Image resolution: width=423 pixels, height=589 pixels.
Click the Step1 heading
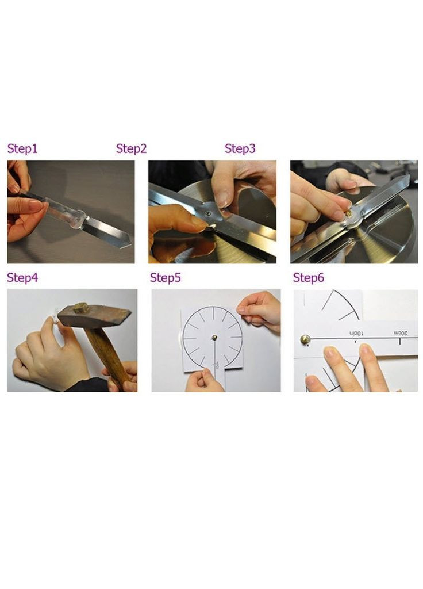click(22, 148)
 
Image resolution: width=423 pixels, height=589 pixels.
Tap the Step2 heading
click(132, 148)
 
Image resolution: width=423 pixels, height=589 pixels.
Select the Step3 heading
click(240, 148)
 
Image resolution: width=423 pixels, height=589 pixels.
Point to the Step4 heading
click(22, 278)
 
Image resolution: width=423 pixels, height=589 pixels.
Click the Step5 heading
click(166, 278)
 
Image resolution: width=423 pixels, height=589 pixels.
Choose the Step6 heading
click(309, 278)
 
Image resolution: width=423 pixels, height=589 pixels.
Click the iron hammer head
click(94, 316)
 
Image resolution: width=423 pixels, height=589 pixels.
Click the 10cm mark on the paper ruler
click(356, 334)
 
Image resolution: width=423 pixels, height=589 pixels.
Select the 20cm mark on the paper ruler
click(400, 333)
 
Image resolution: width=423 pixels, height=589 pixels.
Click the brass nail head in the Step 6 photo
click(305, 339)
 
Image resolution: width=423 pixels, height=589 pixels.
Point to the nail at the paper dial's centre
click(214, 337)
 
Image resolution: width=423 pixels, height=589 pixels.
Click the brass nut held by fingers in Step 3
click(349, 214)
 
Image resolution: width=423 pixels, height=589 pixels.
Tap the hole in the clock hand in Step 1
click(87, 218)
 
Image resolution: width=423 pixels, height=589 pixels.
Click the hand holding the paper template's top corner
click(260, 311)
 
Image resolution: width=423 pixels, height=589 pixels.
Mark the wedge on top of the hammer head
click(80, 308)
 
